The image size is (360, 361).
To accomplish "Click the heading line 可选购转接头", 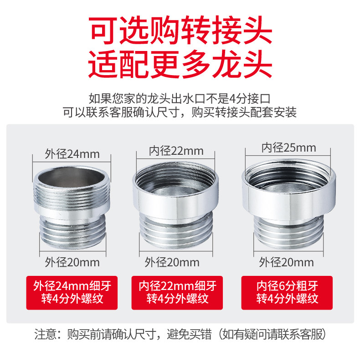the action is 180,30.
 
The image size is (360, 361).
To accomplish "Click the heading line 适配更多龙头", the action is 180,64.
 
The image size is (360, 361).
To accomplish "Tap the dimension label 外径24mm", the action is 72,154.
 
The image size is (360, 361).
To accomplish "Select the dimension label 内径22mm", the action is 176,151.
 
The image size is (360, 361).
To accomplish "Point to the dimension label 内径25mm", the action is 288,147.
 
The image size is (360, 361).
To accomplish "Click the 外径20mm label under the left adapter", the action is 72,262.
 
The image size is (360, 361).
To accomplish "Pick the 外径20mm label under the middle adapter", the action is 172,262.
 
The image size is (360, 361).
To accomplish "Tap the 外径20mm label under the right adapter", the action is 286,262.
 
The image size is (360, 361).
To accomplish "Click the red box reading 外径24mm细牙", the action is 72,293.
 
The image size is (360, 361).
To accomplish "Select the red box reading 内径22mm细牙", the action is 177,293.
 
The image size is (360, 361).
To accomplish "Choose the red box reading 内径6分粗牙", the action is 287,293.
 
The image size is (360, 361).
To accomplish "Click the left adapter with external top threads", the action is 72,208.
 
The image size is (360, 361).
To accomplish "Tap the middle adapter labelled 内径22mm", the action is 175,205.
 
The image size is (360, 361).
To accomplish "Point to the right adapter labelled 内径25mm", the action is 288,204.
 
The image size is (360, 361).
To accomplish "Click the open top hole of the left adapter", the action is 72,177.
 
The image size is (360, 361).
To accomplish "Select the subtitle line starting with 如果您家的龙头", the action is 180,99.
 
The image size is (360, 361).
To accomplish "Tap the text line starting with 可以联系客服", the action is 180,112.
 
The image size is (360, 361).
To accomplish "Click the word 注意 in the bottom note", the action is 46,334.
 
